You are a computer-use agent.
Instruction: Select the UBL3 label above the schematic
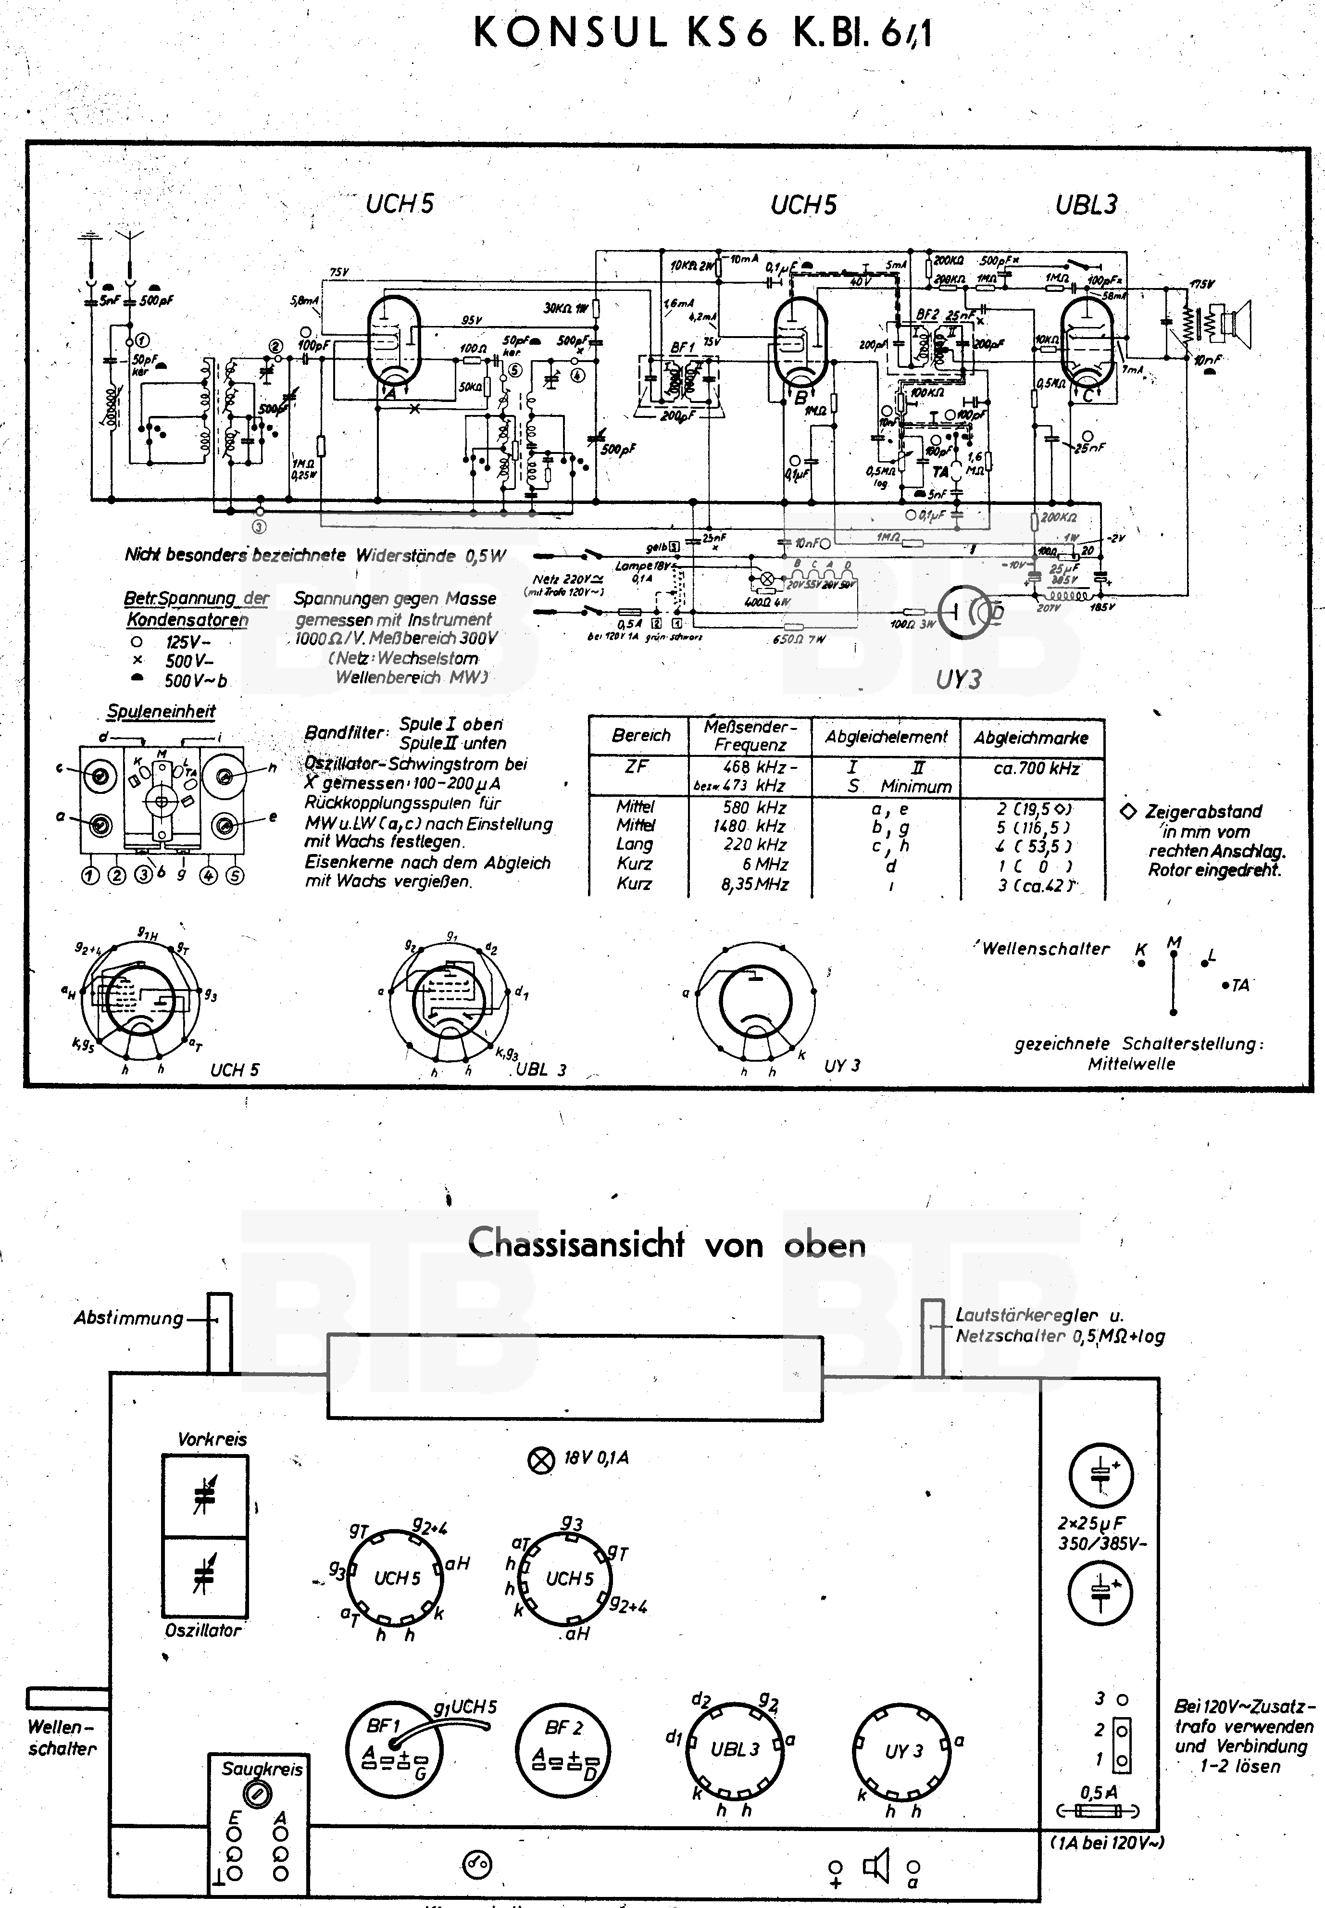[x=1086, y=204]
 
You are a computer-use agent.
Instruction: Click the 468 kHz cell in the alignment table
[x=750, y=767]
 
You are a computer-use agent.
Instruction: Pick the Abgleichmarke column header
[x=1031, y=737]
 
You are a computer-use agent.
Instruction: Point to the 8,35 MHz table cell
[x=750, y=884]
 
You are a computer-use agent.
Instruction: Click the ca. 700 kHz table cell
[x=1031, y=769]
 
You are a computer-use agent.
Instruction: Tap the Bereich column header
[x=640, y=736]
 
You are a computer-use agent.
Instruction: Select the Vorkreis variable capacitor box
[x=204, y=1496]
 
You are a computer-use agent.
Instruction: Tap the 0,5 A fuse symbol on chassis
[x=1098, y=1811]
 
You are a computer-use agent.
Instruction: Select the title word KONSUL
[x=570, y=34]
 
